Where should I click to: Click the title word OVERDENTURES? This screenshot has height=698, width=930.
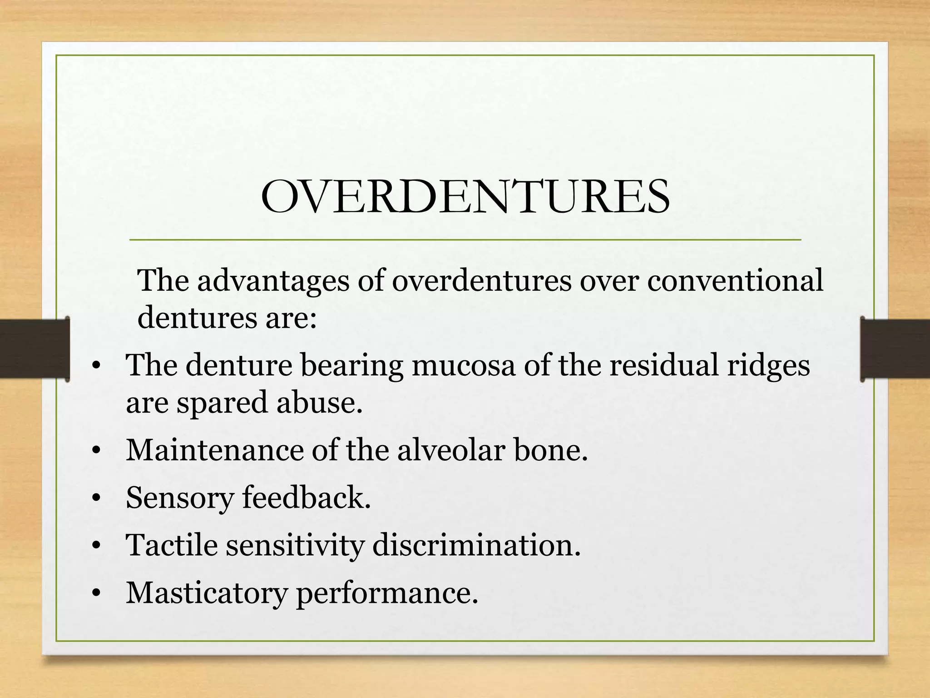465,197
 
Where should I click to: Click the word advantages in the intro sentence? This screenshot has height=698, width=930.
272,280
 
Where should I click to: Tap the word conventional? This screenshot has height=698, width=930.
735,280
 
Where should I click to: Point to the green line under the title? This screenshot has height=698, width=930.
465,239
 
